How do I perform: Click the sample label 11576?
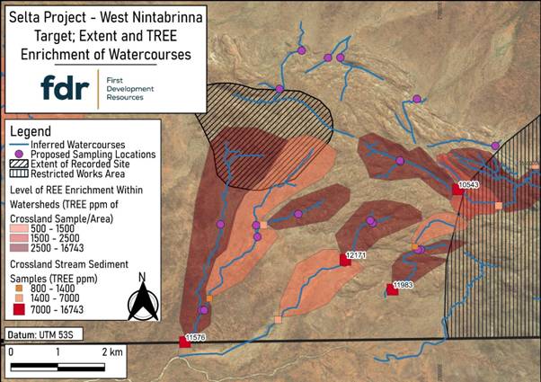pos(195,337)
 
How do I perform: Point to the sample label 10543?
pos(469,184)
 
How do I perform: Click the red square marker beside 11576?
pos(184,342)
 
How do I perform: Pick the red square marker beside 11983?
pos(393,289)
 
